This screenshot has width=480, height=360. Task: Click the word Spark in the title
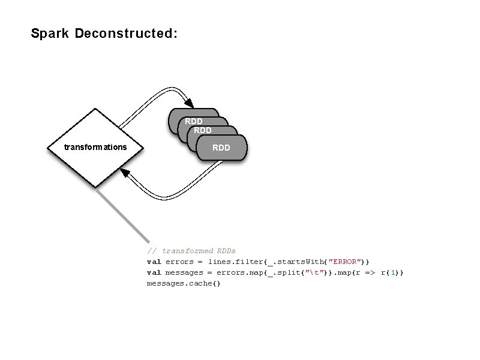[x=50, y=34]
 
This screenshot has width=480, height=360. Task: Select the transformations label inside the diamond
[x=95, y=147]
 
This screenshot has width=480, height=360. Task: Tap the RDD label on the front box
[x=221, y=147]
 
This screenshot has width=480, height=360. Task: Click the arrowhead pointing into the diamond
[x=125, y=173]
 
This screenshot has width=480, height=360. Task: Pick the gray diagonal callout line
[x=123, y=213]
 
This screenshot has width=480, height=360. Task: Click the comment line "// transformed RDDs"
[x=191, y=251]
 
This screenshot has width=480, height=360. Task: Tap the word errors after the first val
[x=179, y=262]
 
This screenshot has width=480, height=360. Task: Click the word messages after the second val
[x=184, y=272]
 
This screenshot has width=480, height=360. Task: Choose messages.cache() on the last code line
[x=184, y=283]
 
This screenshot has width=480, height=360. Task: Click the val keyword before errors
[x=154, y=262]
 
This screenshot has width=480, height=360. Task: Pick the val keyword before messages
[x=154, y=272]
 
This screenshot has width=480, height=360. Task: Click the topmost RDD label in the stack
[x=193, y=121]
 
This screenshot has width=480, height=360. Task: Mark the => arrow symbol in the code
[x=369, y=272]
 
